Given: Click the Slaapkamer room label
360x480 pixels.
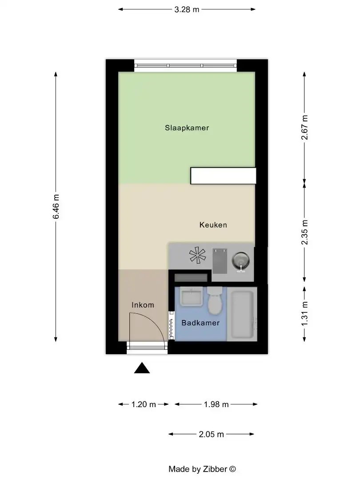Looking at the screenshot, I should (x=187, y=128).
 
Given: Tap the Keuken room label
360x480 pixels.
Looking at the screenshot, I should (x=213, y=225).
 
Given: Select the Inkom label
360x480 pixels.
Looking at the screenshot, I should (x=143, y=305).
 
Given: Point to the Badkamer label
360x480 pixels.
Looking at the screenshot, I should (x=200, y=323).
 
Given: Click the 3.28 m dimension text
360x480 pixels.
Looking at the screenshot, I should (x=187, y=9).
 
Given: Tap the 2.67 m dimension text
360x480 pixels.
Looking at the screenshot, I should (x=304, y=128).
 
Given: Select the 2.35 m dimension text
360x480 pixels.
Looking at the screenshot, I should (x=304, y=232).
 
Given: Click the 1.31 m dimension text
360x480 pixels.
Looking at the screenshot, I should (x=304, y=313).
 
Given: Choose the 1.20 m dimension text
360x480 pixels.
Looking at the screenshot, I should (x=144, y=404).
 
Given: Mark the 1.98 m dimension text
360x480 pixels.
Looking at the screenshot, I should (x=216, y=404).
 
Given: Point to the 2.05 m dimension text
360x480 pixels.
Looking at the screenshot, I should (x=212, y=434).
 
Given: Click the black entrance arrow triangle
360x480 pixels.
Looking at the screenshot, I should (x=142, y=368).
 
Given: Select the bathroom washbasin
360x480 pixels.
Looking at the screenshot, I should (x=191, y=297).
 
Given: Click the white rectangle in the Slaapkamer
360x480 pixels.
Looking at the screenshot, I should (x=223, y=176).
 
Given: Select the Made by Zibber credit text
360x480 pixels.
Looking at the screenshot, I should (x=202, y=469).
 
